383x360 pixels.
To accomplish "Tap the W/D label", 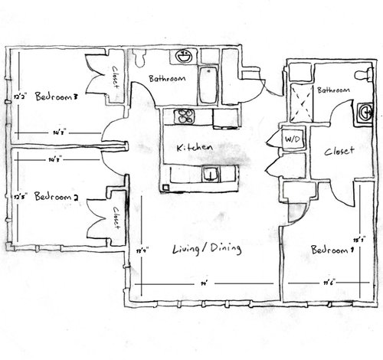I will click(292, 140).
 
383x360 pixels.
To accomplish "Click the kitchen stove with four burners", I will click(185, 118).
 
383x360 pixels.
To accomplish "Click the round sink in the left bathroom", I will click(182, 57).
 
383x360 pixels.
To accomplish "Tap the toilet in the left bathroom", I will click(140, 57).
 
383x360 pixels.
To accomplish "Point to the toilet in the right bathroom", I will click(363, 74).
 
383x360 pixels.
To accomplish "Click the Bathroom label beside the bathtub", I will click(165, 77).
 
